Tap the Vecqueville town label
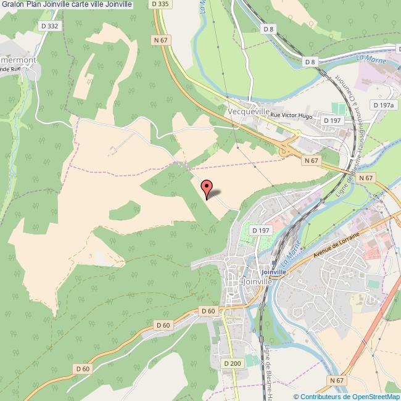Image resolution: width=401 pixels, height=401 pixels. (249, 111)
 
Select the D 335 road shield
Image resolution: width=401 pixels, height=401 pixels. (160, 4)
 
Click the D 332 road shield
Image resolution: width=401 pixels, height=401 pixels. (49, 25)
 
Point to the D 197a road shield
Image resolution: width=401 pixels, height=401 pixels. (383, 105)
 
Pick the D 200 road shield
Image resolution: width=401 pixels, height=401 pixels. (233, 363)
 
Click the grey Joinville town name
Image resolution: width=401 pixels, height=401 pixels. (257, 281)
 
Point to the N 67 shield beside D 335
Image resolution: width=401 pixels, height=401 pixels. (161, 40)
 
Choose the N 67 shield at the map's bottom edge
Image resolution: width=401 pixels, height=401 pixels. (336, 381)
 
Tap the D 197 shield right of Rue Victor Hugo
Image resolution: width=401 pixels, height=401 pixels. (335, 120)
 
